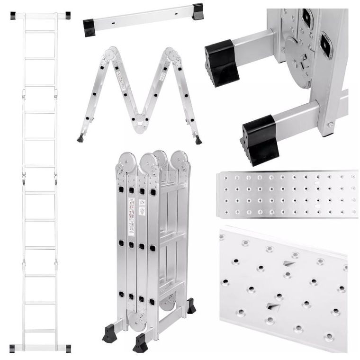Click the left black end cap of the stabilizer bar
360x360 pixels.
(89, 27)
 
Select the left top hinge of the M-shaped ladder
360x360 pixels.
(111, 54)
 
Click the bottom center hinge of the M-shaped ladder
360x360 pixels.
(141, 124)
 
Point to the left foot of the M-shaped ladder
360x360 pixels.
(81, 139)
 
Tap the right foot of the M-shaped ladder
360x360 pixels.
(198, 140)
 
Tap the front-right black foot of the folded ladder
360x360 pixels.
(141, 342)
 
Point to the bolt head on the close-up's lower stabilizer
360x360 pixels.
(330, 125)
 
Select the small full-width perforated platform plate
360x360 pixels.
(287, 194)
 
